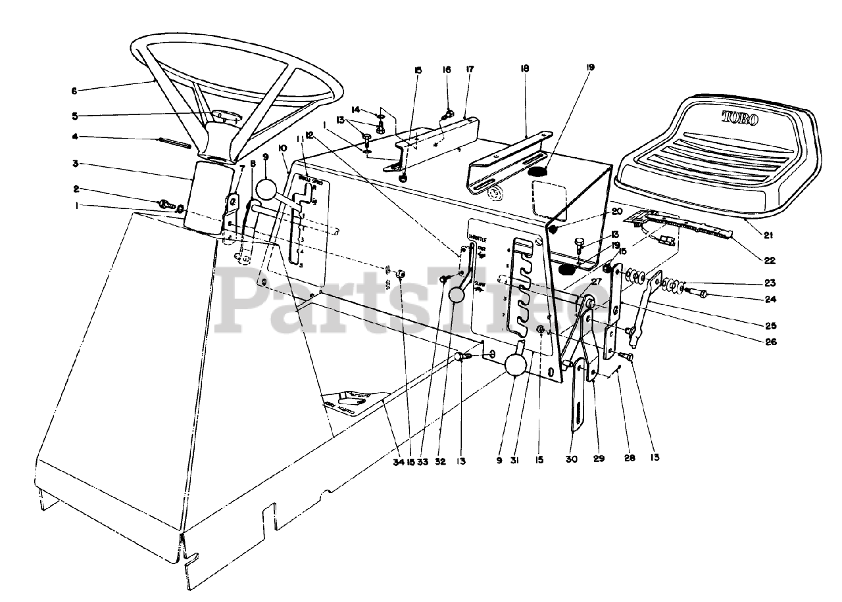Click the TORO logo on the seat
pos(739,119)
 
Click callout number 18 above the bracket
pos(524,68)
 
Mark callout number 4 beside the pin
pos(75,137)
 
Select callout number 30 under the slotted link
pos(572,460)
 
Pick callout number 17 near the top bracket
pos(470,69)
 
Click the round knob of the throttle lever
pos(458,296)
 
